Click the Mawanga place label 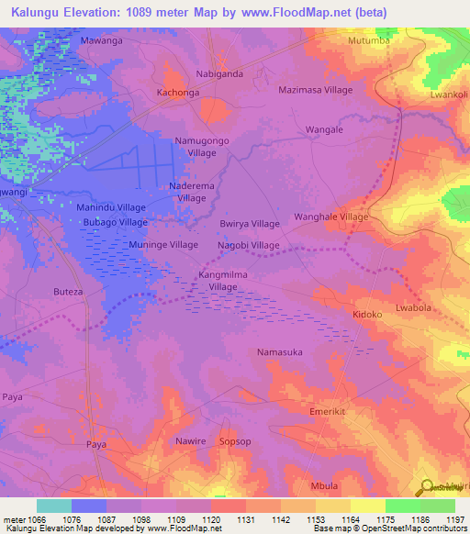click(101, 41)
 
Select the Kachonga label click(178, 94)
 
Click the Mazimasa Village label click(315, 91)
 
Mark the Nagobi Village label click(248, 246)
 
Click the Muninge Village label click(164, 246)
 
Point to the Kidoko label click(367, 314)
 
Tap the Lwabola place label click(412, 307)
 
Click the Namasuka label click(279, 352)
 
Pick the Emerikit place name click(330, 413)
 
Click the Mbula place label click(324, 485)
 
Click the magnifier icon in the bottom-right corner click(426, 487)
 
